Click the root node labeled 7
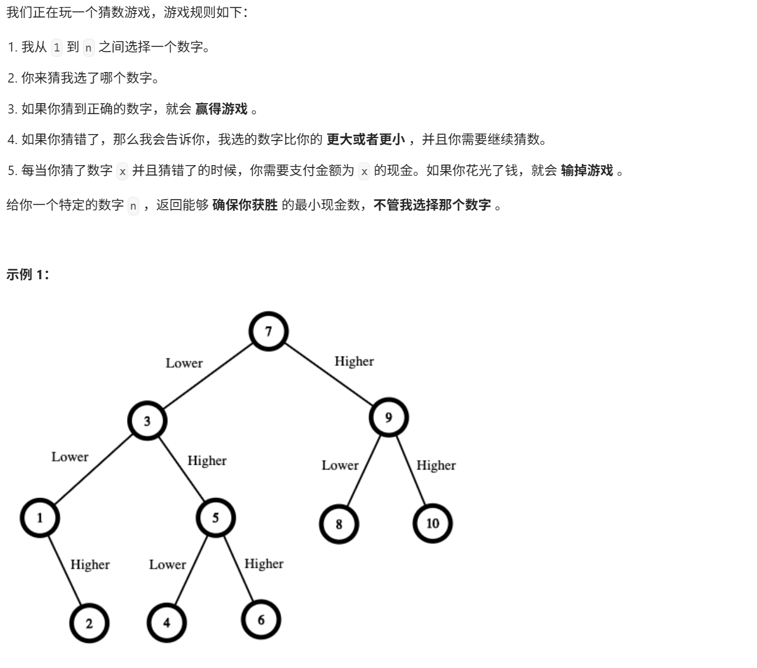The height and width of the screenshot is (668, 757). click(x=269, y=331)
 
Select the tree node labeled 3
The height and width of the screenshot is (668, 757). click(x=147, y=420)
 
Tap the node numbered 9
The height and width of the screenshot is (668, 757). click(x=388, y=417)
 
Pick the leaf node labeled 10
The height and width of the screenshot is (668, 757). click(x=433, y=523)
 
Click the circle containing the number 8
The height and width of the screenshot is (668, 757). click(x=339, y=523)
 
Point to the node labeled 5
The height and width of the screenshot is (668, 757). click(x=215, y=518)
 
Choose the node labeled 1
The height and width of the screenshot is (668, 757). click(x=40, y=518)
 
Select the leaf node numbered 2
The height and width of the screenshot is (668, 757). click(x=89, y=623)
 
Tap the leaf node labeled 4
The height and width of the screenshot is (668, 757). click(x=167, y=622)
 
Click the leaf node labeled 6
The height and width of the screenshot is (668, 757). click(x=261, y=619)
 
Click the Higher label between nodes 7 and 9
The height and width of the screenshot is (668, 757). click(x=354, y=361)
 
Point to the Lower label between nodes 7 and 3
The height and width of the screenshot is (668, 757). click(x=184, y=363)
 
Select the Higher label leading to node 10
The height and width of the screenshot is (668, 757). click(x=436, y=465)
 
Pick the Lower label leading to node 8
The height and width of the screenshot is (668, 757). click(x=340, y=465)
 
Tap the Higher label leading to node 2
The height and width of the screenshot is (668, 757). click(x=90, y=564)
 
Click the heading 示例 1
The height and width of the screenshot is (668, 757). click(x=28, y=275)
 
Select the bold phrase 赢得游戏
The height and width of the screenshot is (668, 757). click(x=221, y=109)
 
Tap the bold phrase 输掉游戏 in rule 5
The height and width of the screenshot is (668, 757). click(x=587, y=170)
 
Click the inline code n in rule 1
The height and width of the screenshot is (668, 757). click(x=88, y=48)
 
